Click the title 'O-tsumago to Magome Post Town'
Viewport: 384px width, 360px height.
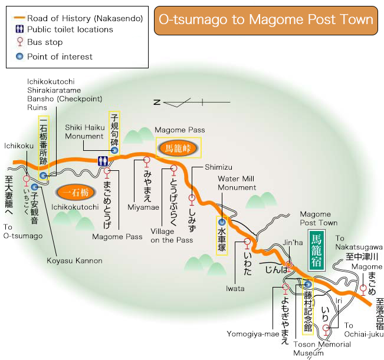[266, 19]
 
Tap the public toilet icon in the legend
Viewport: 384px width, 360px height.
[20, 29]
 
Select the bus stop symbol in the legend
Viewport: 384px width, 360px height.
[20, 42]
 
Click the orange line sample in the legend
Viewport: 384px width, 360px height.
[20, 18]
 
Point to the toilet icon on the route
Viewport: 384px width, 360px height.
[103, 160]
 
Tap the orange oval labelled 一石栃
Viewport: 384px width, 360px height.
[75, 192]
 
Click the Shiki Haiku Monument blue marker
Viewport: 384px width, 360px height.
[114, 150]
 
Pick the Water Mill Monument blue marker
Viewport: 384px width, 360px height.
[222, 222]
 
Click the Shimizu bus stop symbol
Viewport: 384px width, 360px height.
[192, 199]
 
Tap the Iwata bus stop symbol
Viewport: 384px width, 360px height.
[247, 243]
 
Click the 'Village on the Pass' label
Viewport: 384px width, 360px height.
[171, 236]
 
